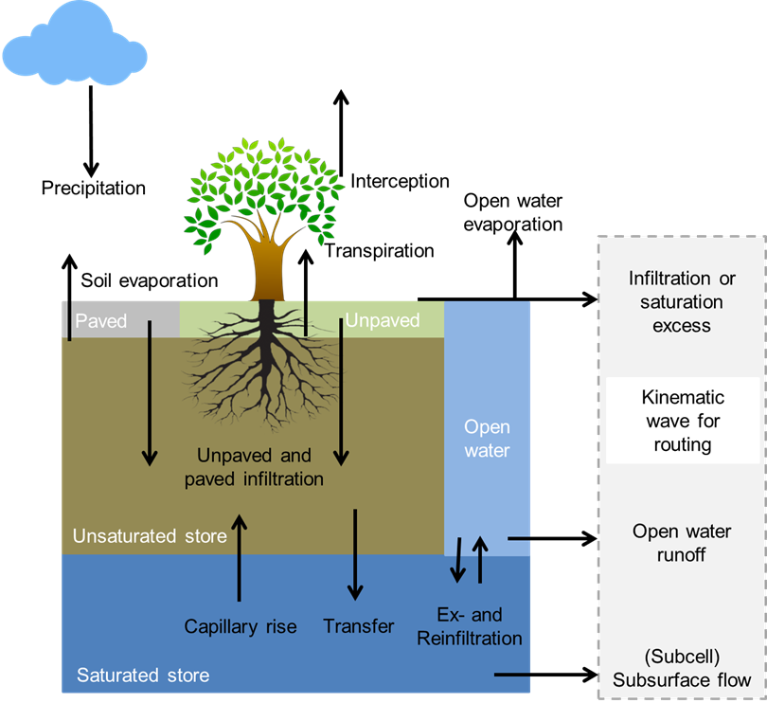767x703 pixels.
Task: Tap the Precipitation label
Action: [x=94, y=188]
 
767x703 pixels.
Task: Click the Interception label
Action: [x=400, y=181]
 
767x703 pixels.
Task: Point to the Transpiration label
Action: [x=380, y=251]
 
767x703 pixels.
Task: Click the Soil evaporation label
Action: [x=150, y=280]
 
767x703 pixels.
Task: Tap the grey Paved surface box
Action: [x=120, y=320]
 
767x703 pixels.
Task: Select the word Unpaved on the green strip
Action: [x=382, y=320]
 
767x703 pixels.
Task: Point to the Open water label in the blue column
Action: [x=488, y=439]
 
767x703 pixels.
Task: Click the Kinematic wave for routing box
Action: [x=683, y=421]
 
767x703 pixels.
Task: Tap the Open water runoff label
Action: [x=682, y=543]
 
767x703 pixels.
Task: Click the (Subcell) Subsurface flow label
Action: [x=682, y=668]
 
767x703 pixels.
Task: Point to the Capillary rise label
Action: [x=241, y=626]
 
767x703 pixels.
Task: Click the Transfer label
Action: [x=359, y=626]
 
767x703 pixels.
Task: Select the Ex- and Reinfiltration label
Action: [x=470, y=626]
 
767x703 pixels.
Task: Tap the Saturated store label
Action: [x=143, y=676]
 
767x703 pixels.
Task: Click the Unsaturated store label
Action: [x=150, y=536]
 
